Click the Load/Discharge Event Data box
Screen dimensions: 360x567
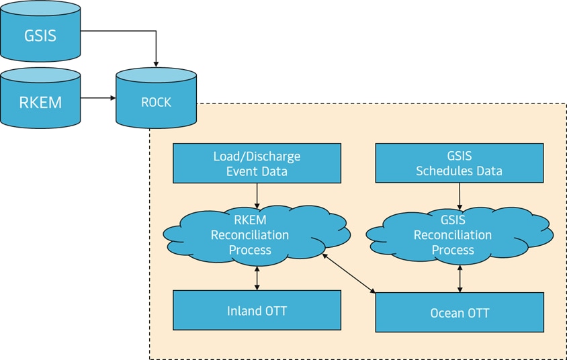click(257, 163)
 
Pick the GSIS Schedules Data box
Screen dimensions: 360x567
click(459, 163)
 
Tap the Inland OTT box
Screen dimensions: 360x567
click(257, 310)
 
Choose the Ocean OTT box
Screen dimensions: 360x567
click(460, 312)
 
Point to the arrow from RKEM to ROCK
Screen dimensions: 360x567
click(98, 98)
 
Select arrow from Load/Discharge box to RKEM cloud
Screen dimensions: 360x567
click(257, 195)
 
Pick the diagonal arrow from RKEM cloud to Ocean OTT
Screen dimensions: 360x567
click(349, 273)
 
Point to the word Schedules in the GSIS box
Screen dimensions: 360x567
click(445, 171)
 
